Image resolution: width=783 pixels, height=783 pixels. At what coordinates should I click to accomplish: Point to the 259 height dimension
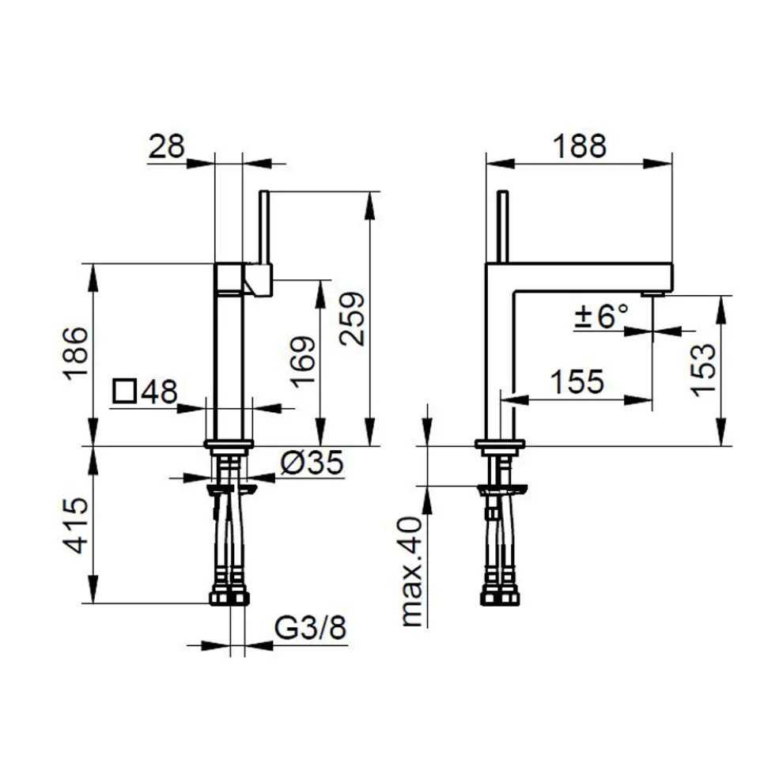351,319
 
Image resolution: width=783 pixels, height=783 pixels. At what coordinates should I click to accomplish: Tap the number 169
303,362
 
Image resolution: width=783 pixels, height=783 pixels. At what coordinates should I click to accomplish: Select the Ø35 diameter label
312,462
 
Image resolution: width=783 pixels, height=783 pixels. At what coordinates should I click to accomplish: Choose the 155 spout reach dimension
577,382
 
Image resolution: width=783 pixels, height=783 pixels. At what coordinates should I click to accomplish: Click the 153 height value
704,370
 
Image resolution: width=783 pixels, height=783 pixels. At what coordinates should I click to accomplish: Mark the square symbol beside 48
124,391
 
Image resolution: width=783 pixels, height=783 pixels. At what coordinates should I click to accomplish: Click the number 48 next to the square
159,391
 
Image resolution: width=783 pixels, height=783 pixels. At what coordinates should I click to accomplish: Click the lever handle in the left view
265,227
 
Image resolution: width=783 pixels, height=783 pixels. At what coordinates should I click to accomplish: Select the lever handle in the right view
503,226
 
